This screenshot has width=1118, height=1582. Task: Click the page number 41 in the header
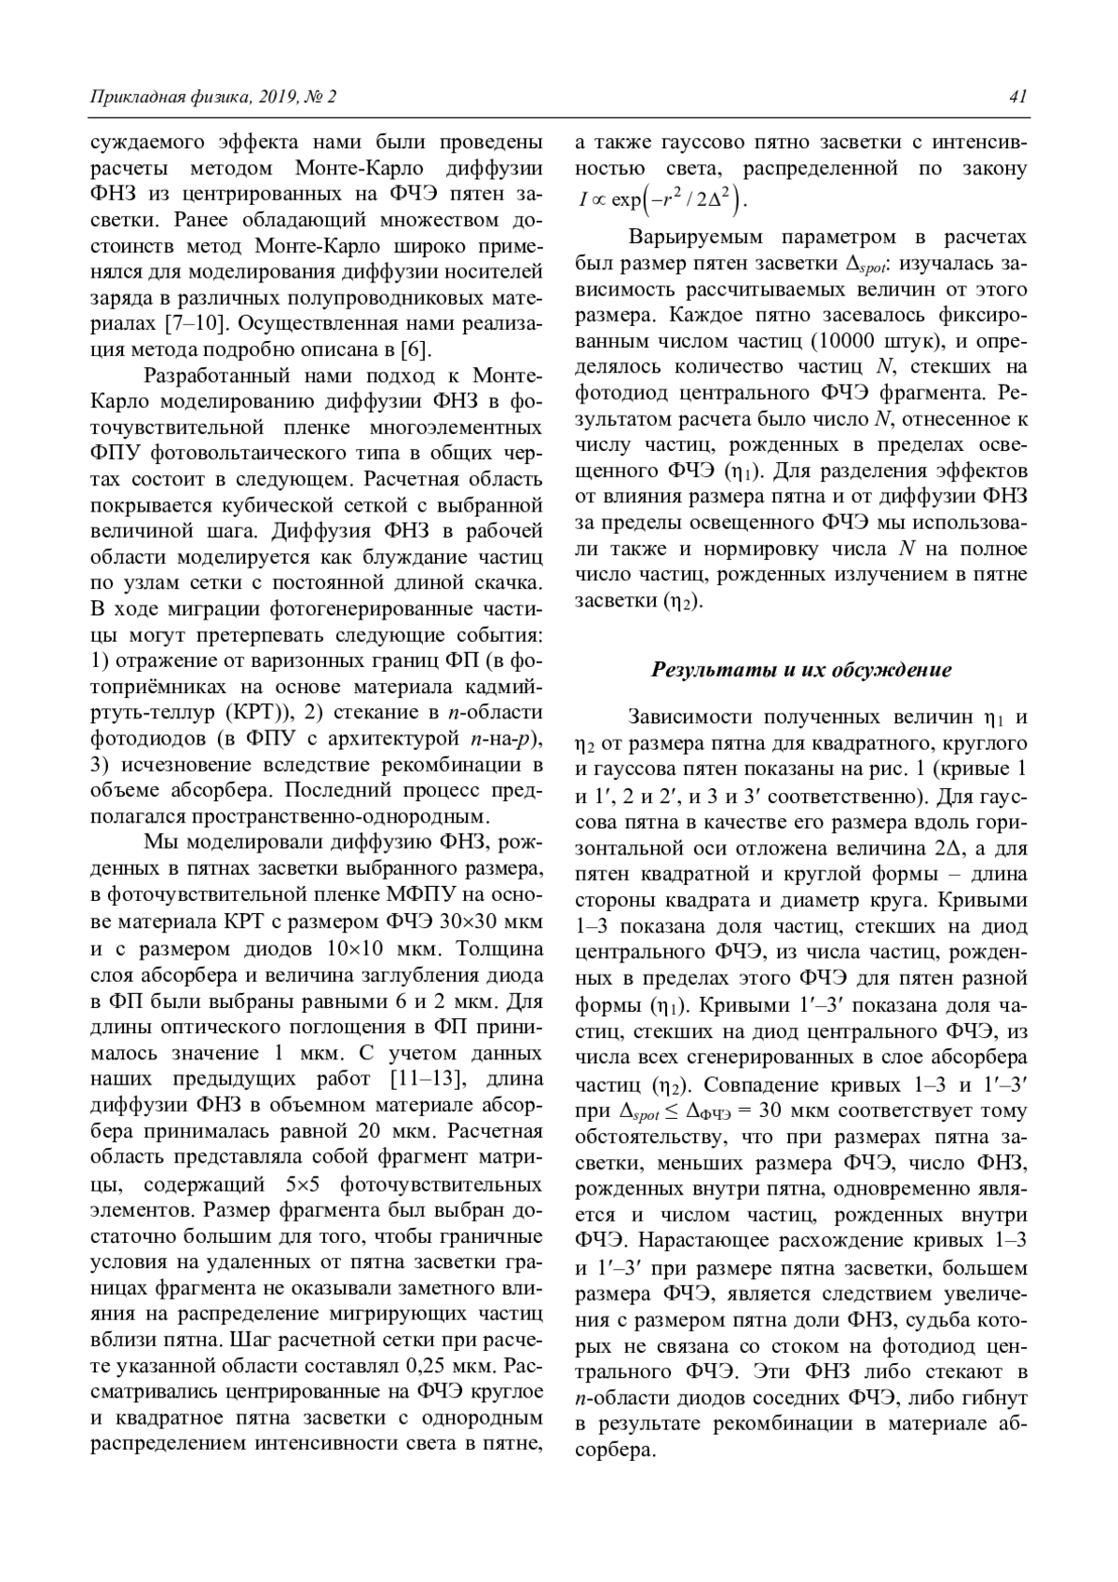(1017, 97)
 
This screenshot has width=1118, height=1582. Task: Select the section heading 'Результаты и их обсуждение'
(800, 670)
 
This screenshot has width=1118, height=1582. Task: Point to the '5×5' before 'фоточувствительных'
(308, 1184)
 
